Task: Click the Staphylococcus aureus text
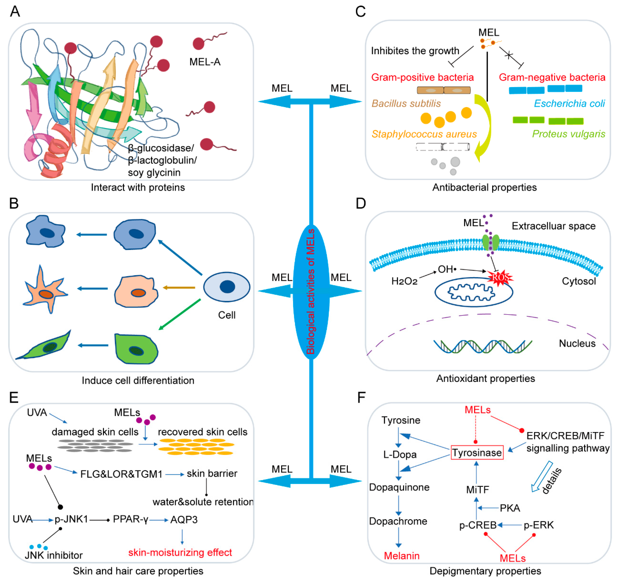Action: click(x=424, y=134)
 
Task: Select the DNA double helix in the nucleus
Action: click(x=483, y=347)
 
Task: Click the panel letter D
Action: click(x=361, y=204)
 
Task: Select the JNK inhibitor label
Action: click(x=54, y=555)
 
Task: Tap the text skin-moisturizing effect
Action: click(x=180, y=552)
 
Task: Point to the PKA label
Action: click(x=510, y=508)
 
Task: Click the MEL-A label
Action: click(x=205, y=62)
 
